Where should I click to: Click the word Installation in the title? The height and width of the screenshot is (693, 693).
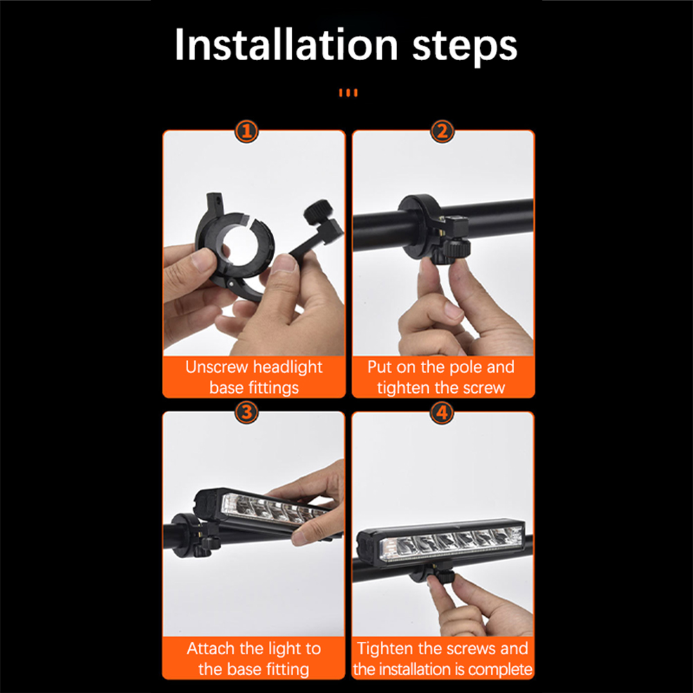(286, 44)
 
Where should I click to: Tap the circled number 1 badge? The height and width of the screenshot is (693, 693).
(247, 131)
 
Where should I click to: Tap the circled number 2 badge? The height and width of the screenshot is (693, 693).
(442, 131)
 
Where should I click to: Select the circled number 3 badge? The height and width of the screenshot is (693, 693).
(247, 412)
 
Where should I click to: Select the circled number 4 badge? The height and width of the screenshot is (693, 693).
(442, 412)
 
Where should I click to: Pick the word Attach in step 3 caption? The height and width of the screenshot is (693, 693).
(212, 648)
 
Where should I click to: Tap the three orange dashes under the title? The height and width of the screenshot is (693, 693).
(349, 93)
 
